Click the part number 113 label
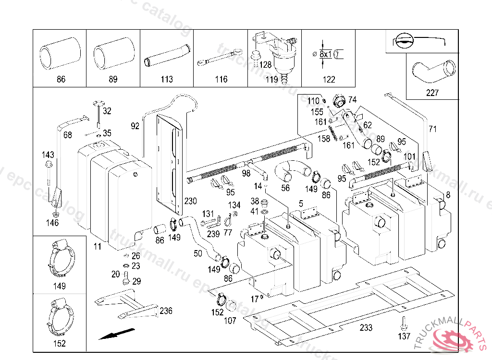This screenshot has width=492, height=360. point(166,79)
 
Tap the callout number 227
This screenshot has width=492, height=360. point(432,93)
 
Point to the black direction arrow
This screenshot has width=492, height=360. point(116,334)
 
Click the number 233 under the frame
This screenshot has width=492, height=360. point(366,328)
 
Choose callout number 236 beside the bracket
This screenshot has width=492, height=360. point(166,311)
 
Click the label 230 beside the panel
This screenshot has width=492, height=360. point(191,200)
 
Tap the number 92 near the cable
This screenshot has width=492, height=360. point(135,126)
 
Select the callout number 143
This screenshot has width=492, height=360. point(48,155)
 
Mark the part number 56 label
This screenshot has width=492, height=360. point(285,188)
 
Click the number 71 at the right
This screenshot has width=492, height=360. point(433,129)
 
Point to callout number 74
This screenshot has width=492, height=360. point(353,100)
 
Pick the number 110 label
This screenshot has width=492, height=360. point(313,101)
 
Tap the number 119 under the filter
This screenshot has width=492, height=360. point(271,79)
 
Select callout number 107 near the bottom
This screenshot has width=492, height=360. point(230,321)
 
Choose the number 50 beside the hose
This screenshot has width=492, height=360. point(197,253)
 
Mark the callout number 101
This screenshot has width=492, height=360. point(409,156)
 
